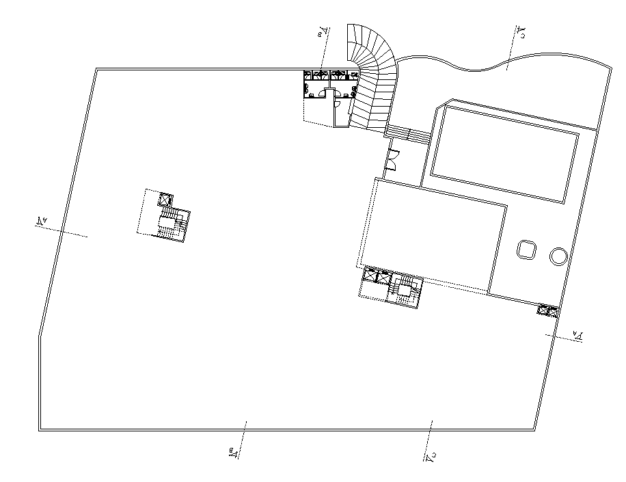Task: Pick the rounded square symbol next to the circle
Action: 527,250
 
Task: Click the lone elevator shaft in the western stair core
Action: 165,200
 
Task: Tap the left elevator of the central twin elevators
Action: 370,277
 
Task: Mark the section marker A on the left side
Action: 42,221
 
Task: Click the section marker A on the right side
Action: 577,334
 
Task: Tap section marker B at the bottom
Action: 232,451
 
